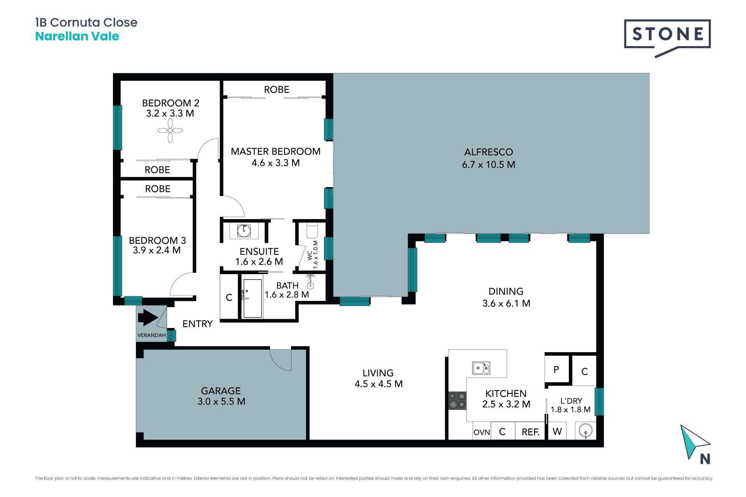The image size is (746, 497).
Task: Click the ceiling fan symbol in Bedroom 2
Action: (170, 130)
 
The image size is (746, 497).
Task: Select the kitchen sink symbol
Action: (481, 368)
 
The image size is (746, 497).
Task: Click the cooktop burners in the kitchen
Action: (457, 401)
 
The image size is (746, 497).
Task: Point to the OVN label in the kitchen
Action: (482, 432)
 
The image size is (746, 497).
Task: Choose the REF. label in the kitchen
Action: (530, 432)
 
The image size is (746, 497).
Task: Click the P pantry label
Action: (556, 370)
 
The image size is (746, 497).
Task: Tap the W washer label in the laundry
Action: (557, 431)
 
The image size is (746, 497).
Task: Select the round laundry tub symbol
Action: (586, 431)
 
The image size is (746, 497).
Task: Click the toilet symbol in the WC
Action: (312, 231)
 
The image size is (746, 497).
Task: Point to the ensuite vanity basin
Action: (244, 231)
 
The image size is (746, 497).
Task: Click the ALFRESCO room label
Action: (488, 152)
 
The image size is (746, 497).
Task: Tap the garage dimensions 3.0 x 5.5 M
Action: (221, 401)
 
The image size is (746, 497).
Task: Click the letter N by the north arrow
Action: (705, 459)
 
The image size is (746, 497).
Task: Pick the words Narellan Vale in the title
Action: (77, 36)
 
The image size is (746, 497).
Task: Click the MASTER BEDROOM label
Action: (275, 151)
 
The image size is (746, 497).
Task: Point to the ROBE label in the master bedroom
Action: (277, 90)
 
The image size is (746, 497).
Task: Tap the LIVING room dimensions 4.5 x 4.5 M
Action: (378, 384)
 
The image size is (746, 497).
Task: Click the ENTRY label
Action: (197, 324)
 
